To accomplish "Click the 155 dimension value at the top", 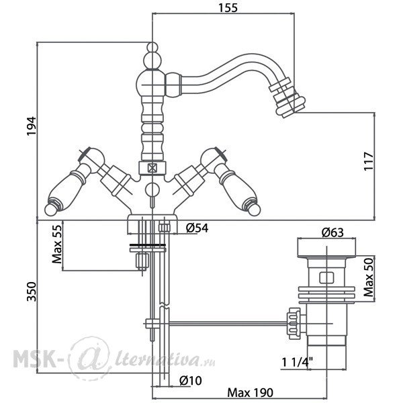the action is tap(228, 7).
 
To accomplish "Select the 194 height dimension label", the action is tap(32, 126).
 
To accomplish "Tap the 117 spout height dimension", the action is tap(369, 161).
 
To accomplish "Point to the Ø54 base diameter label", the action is tap(197, 228).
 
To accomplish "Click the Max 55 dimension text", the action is tap(57, 244).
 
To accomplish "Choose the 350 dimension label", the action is tap(32, 292).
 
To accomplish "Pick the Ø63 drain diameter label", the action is tap(332, 232).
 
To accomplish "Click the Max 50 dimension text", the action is tap(369, 277).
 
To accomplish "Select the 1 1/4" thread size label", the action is tap(297, 363).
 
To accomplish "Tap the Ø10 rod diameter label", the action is tap(191, 381).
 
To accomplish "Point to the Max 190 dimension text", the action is tap(250, 393).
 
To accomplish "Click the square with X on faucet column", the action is tap(152, 168).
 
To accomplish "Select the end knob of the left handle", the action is tap(51, 209).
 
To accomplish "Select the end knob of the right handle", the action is tap(254, 209).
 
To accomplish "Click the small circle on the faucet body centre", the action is tap(152, 189).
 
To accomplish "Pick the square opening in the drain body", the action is tap(326, 277).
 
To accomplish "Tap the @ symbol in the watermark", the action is tap(90, 358).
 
